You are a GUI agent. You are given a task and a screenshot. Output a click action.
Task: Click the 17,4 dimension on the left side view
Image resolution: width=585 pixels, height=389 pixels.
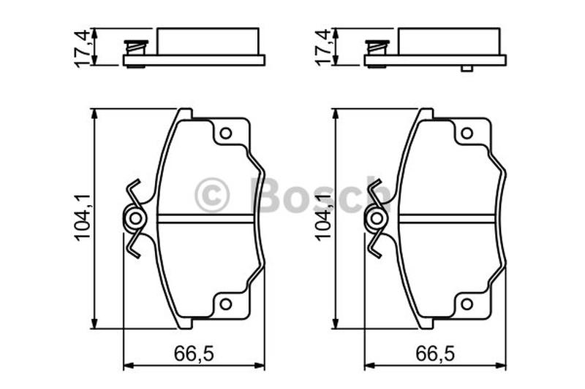click(83, 47)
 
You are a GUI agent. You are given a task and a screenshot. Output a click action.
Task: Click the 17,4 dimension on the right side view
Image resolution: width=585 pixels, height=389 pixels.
click(323, 47)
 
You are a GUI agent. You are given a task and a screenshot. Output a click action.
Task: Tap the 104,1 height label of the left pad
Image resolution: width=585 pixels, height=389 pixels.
click(83, 217)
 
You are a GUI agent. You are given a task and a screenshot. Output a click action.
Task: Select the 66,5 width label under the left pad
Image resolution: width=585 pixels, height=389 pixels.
click(194, 353)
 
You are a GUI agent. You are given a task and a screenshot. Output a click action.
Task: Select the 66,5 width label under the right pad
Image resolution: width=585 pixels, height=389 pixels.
click(435, 353)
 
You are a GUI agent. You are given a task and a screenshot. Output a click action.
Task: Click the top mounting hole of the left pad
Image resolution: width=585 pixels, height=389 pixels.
click(226, 134)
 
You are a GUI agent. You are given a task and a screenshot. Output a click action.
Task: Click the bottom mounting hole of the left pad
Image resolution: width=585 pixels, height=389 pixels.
click(226, 304)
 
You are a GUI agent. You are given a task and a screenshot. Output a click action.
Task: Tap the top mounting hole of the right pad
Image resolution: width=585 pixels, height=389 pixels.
click(467, 134)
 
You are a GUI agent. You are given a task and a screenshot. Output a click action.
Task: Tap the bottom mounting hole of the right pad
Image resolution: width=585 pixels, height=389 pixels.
click(467, 304)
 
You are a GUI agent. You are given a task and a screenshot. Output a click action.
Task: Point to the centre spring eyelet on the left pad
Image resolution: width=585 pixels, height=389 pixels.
click(135, 218)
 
